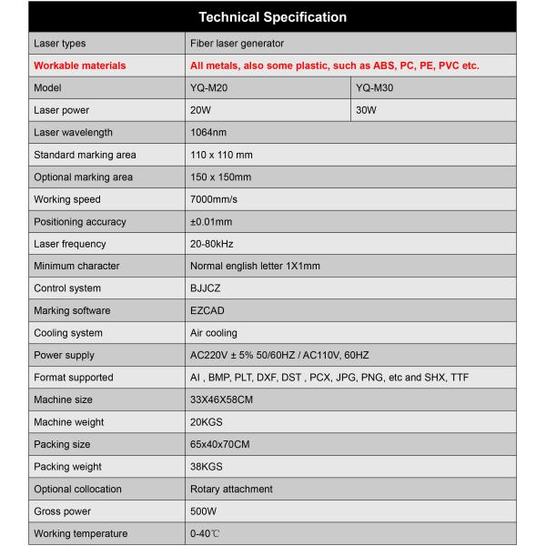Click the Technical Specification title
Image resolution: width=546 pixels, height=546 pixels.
tap(272, 17)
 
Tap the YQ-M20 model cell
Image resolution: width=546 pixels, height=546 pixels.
tap(209, 88)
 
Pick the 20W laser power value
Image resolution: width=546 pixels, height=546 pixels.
tap(200, 110)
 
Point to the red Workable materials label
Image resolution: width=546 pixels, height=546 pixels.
tap(79, 66)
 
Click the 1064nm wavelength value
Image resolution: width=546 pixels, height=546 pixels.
tap(207, 133)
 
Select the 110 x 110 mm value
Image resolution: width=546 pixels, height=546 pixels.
tap(221, 155)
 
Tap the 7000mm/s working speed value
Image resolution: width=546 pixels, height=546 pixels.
tap(214, 199)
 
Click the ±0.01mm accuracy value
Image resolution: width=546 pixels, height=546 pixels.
tap(211, 221)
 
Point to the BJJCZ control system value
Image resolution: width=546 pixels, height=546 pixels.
tap(206, 288)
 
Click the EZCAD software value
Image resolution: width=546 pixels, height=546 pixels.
tap(207, 310)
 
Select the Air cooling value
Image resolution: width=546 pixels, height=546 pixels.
tap(213, 333)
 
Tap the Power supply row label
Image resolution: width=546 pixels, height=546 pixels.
tap(64, 355)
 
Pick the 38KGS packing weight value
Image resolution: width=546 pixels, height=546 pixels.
tap(207, 467)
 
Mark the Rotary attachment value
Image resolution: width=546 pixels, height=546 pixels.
tap(230, 489)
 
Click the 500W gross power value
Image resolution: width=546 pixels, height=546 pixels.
tap(203, 511)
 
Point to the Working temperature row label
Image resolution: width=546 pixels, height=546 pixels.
tap(80, 533)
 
